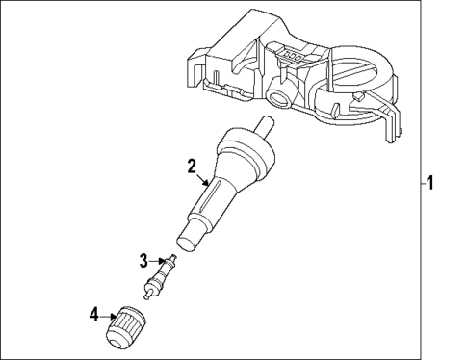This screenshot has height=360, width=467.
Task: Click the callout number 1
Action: [x=431, y=183]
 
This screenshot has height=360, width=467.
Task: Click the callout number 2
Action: [x=192, y=165]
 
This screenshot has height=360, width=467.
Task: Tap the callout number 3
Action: [x=143, y=259]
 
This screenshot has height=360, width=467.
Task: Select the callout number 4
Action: [x=93, y=313]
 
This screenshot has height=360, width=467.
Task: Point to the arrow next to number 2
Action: [x=203, y=177]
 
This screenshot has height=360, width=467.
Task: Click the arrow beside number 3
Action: [x=158, y=260]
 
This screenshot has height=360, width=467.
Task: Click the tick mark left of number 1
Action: [x=420, y=183]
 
